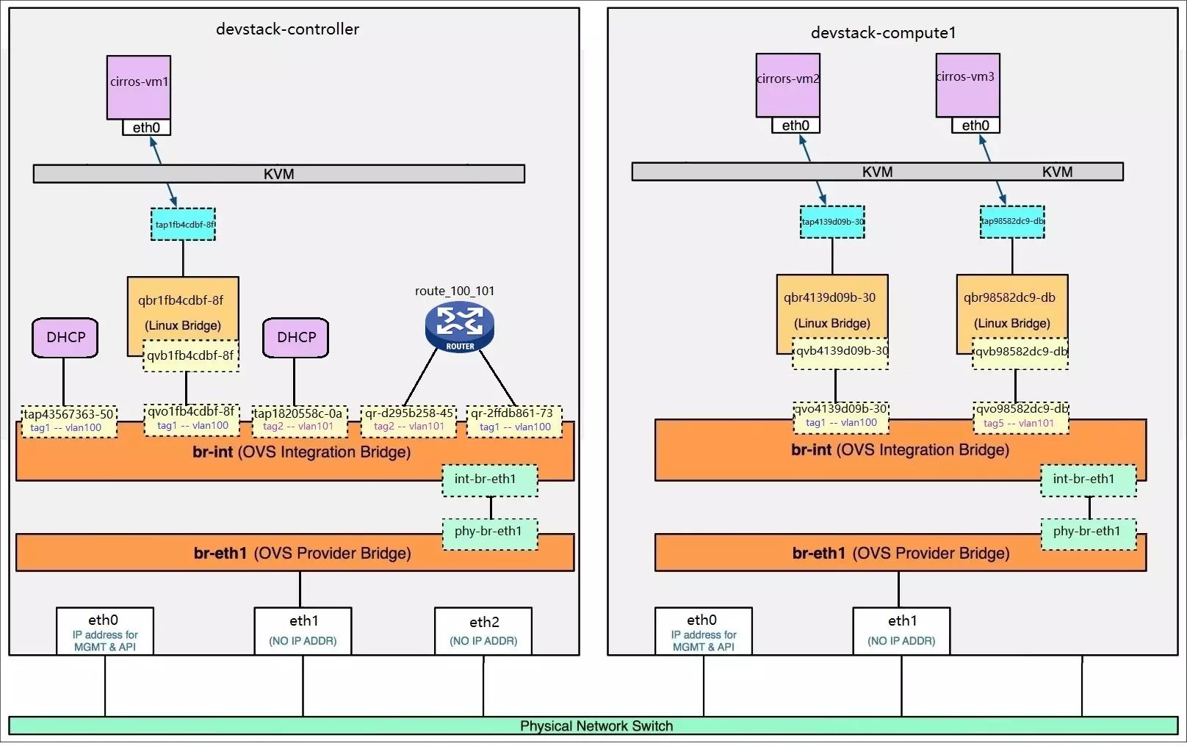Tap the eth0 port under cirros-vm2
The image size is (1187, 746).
click(x=795, y=126)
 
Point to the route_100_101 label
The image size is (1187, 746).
click(x=455, y=291)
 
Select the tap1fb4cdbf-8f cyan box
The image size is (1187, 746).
click(x=184, y=224)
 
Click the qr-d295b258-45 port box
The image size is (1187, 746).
click(x=409, y=421)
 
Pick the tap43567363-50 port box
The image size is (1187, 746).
click(x=69, y=421)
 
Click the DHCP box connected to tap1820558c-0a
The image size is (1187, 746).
click(x=296, y=338)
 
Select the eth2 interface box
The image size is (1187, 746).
click(x=483, y=630)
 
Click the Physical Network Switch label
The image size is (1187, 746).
click(x=596, y=725)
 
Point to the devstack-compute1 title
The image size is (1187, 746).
click(x=883, y=32)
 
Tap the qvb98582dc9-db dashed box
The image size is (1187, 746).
click(x=1020, y=352)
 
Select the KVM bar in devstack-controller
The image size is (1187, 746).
click(x=279, y=174)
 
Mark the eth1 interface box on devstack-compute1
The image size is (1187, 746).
click(x=901, y=630)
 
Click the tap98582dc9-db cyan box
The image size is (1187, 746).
click(x=1012, y=222)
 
